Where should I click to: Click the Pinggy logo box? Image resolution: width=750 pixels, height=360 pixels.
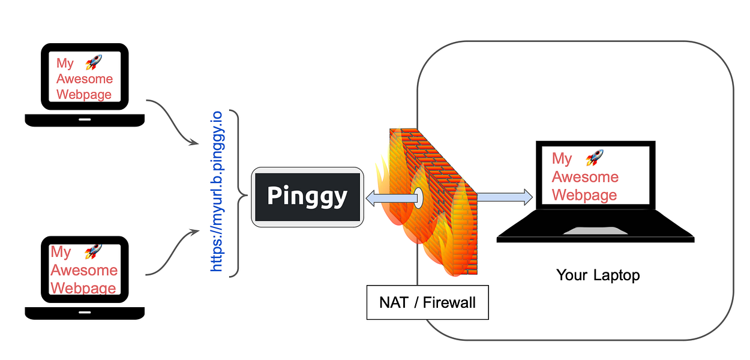(308, 197)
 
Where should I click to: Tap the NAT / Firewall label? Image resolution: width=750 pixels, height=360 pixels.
(427, 302)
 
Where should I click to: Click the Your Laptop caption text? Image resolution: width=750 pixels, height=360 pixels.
(598, 275)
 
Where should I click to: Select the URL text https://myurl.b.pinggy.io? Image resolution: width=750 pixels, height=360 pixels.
(217, 191)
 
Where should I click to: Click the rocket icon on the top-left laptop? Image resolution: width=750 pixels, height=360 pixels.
(94, 62)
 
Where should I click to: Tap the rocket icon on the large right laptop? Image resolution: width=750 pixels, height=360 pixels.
(595, 158)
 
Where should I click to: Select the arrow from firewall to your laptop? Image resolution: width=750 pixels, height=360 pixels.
(504, 196)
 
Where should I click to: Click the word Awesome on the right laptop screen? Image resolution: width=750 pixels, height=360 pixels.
(585, 177)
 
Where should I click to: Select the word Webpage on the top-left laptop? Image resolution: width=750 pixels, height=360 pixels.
(84, 94)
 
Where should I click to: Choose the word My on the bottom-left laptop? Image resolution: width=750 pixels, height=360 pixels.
(61, 252)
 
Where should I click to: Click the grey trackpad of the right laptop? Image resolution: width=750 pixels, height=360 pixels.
(587, 231)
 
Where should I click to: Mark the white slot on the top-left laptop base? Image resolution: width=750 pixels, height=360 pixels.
(85, 119)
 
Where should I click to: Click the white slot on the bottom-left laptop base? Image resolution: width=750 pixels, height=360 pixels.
(85, 312)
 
